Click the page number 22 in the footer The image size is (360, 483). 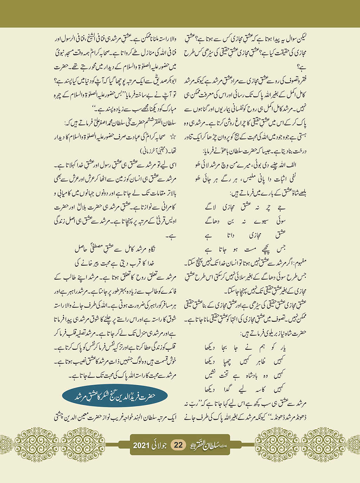coord(179,445)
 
